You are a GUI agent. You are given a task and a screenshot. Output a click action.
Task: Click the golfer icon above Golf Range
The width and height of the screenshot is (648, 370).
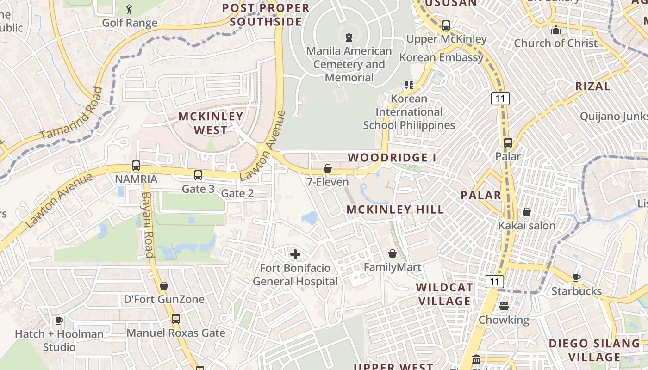point(129,9)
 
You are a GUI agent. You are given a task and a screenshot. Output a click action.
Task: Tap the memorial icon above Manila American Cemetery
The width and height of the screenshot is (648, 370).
point(349,37)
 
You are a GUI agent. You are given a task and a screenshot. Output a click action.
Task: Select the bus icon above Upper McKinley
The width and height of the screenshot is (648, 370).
point(446,25)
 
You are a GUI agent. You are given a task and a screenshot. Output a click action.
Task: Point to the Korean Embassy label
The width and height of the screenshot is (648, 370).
point(441,57)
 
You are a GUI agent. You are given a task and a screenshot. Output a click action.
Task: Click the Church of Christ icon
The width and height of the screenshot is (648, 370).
point(555,30)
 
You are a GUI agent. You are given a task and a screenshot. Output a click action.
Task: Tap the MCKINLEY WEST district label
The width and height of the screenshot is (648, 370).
point(211,123)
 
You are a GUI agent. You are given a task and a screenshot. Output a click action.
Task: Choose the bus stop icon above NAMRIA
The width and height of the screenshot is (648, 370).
point(136,166)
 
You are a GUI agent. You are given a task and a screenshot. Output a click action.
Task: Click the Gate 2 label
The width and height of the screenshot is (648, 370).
point(237,193)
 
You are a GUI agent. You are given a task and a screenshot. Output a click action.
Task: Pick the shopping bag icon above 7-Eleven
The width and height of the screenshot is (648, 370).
point(328,168)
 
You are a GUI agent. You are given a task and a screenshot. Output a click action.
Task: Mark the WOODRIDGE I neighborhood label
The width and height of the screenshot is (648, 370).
point(392,158)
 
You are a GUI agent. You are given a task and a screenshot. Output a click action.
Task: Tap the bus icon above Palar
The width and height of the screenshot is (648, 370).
point(508,143)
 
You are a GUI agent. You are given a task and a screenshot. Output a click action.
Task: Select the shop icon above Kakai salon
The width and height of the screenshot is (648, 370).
point(527,212)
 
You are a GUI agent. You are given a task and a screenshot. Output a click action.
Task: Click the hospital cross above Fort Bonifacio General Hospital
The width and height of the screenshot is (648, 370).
point(295,254)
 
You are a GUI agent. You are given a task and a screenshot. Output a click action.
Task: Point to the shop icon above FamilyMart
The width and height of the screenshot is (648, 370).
point(393,253)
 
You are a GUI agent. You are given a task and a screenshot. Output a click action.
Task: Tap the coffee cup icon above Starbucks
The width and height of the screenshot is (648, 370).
point(576,277)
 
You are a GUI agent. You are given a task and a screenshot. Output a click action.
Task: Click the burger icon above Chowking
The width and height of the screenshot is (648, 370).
point(504,306)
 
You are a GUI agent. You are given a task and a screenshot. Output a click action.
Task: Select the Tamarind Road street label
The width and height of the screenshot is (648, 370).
point(71,114)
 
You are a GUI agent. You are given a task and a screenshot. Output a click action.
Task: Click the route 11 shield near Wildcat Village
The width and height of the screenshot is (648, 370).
point(495,281)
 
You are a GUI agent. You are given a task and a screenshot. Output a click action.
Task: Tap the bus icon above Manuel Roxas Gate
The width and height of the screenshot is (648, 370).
point(176,319)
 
